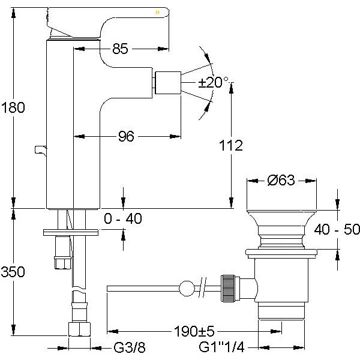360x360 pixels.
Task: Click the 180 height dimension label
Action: [13, 108]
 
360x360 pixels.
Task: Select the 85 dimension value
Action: [120, 49]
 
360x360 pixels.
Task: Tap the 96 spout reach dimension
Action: [125, 137]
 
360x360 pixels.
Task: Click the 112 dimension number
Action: [231, 145]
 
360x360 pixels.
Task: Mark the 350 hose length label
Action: [13, 272]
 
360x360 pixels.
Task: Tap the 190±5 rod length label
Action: [193, 330]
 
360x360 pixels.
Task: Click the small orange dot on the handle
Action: [158, 11]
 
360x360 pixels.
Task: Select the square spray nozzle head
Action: [167, 82]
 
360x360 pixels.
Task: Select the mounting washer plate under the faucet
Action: [70, 230]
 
